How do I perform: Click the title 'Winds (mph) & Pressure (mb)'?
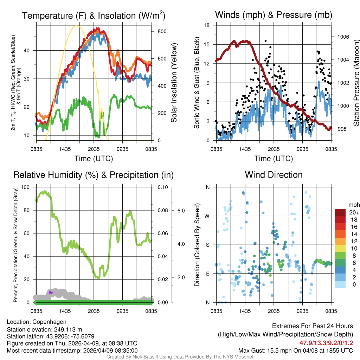pos(274,15)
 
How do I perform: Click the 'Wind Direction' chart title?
pos(274,175)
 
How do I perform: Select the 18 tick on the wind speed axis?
pos(207,25)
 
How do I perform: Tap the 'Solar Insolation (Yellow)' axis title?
pos(174,83)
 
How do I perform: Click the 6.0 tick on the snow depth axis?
pos(181,210)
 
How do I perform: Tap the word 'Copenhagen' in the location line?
pos(49,322)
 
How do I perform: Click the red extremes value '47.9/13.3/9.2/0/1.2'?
pos(326,343)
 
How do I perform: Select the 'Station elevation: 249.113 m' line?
pos(44,329)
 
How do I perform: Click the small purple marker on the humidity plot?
pos(51,292)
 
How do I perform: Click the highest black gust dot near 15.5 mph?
pos(266,41)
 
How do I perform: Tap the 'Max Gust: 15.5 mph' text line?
pos(295,350)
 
